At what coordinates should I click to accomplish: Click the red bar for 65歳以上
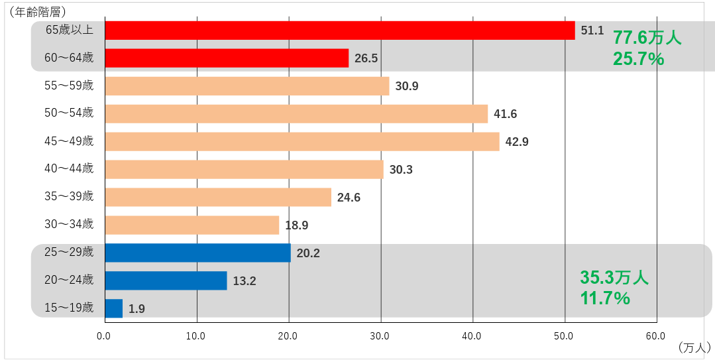[x=340, y=30]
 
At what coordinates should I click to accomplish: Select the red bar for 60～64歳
[x=227, y=58]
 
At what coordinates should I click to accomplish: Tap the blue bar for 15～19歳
[x=114, y=308]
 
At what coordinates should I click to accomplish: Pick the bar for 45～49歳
[x=302, y=141]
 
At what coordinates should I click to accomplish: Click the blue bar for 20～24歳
[x=166, y=280]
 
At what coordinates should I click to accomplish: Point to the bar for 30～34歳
[x=192, y=225]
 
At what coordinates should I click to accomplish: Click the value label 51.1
[x=592, y=30]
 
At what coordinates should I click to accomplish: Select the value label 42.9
[x=517, y=142]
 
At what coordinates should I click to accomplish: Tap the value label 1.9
[x=137, y=309]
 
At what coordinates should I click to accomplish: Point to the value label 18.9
[x=297, y=225]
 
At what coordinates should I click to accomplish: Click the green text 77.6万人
[x=647, y=37]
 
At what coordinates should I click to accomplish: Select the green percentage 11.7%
[x=605, y=298]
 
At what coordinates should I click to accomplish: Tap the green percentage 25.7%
[x=638, y=59]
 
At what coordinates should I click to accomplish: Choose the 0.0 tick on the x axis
[x=104, y=336]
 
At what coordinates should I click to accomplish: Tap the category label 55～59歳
[x=69, y=86]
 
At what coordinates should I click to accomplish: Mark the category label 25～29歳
[x=69, y=251]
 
